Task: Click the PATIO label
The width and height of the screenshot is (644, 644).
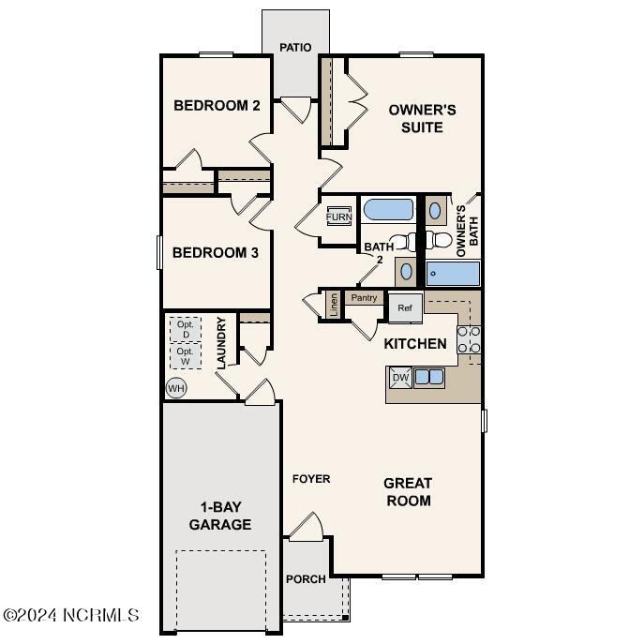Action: click(x=295, y=48)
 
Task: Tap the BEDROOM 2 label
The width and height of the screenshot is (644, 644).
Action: click(x=217, y=105)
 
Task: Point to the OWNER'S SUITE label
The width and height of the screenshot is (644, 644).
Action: click(x=422, y=118)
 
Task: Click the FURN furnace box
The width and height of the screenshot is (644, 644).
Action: click(x=338, y=217)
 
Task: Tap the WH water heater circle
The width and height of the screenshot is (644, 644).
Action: click(x=175, y=387)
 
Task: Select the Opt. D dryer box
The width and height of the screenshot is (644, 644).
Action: click(x=186, y=329)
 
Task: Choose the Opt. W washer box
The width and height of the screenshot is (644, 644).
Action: click(x=186, y=356)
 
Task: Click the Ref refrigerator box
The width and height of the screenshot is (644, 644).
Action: click(x=405, y=307)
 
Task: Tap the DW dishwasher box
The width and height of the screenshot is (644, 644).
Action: click(x=400, y=378)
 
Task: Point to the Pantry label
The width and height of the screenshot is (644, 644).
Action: click(x=364, y=298)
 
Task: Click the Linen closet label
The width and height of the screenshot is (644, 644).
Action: click(x=333, y=305)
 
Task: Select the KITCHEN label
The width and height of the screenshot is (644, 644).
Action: click(x=415, y=344)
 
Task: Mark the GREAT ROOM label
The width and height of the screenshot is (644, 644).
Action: click(x=408, y=492)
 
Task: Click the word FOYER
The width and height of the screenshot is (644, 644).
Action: click(x=311, y=479)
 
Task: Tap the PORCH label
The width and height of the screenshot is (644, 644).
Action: click(x=306, y=579)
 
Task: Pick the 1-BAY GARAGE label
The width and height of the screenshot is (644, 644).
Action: click(x=220, y=516)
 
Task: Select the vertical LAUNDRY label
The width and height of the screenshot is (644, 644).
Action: click(x=221, y=341)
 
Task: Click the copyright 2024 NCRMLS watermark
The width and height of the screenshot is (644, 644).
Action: click(x=71, y=616)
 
